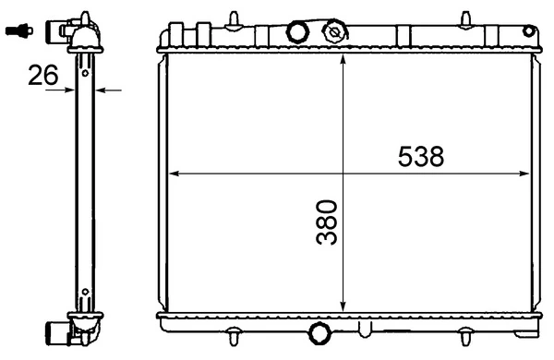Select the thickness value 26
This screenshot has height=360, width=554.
42,75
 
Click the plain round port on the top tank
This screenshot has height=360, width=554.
296,32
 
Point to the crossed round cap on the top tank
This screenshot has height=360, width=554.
332,32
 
